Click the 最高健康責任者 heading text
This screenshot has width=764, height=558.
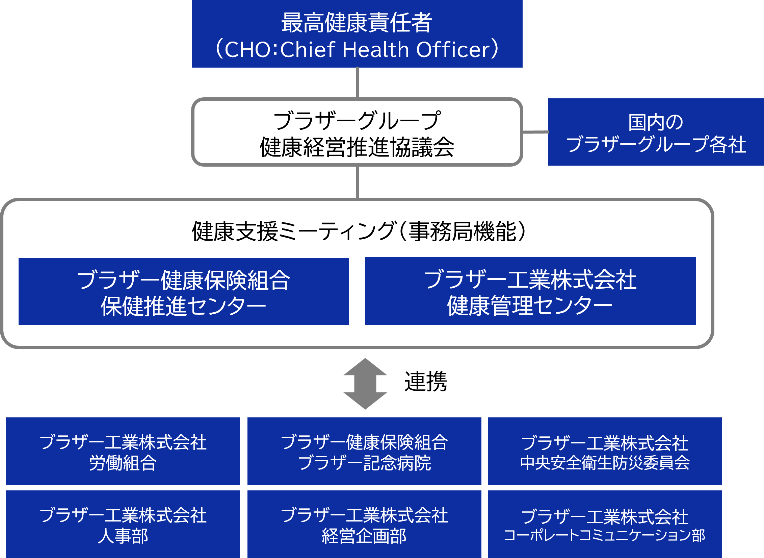click(357, 23)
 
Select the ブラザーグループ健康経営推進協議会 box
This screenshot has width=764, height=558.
click(357, 132)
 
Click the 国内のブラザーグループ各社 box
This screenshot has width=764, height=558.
click(656, 132)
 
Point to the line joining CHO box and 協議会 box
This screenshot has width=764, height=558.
click(357, 83)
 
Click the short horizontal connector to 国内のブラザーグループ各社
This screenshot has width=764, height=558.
click(536, 132)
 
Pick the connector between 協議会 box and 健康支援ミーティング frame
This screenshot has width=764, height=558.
click(357, 182)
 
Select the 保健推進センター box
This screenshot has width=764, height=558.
click(184, 292)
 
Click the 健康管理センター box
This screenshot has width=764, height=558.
click(530, 291)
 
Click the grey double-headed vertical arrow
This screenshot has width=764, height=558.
click(365, 384)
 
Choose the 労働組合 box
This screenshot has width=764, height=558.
click(123, 452)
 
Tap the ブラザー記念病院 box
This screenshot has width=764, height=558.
click(364, 452)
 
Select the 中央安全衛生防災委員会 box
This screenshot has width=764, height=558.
click(605, 452)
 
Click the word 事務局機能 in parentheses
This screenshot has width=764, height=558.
click(463, 232)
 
